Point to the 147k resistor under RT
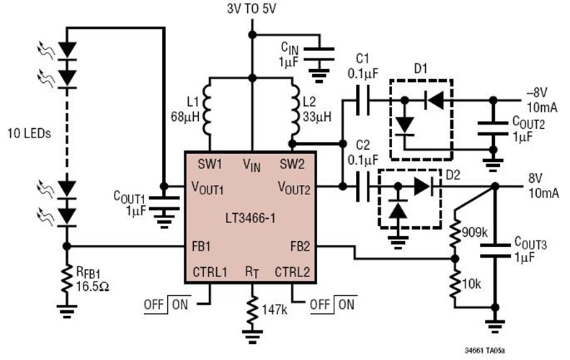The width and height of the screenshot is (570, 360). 251,310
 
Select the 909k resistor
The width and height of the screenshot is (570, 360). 454,230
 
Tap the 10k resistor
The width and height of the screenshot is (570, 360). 454,283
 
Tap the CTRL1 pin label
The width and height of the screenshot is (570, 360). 210,272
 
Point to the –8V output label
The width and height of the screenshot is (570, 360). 538,91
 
